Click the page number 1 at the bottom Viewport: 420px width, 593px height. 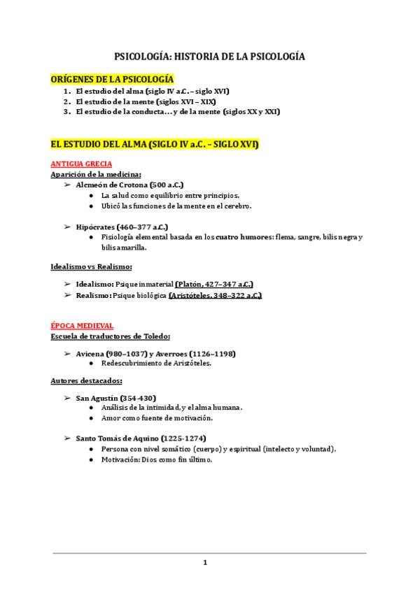coord(205,562)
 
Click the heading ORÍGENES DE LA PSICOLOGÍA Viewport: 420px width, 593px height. coord(111,79)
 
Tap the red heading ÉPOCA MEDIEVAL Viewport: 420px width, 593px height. coord(82,326)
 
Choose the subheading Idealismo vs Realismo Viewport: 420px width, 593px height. coord(92,266)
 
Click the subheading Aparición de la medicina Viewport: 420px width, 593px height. coord(96,173)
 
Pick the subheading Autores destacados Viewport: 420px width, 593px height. coord(86,380)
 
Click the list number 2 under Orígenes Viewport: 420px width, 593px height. coord(66,101)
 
